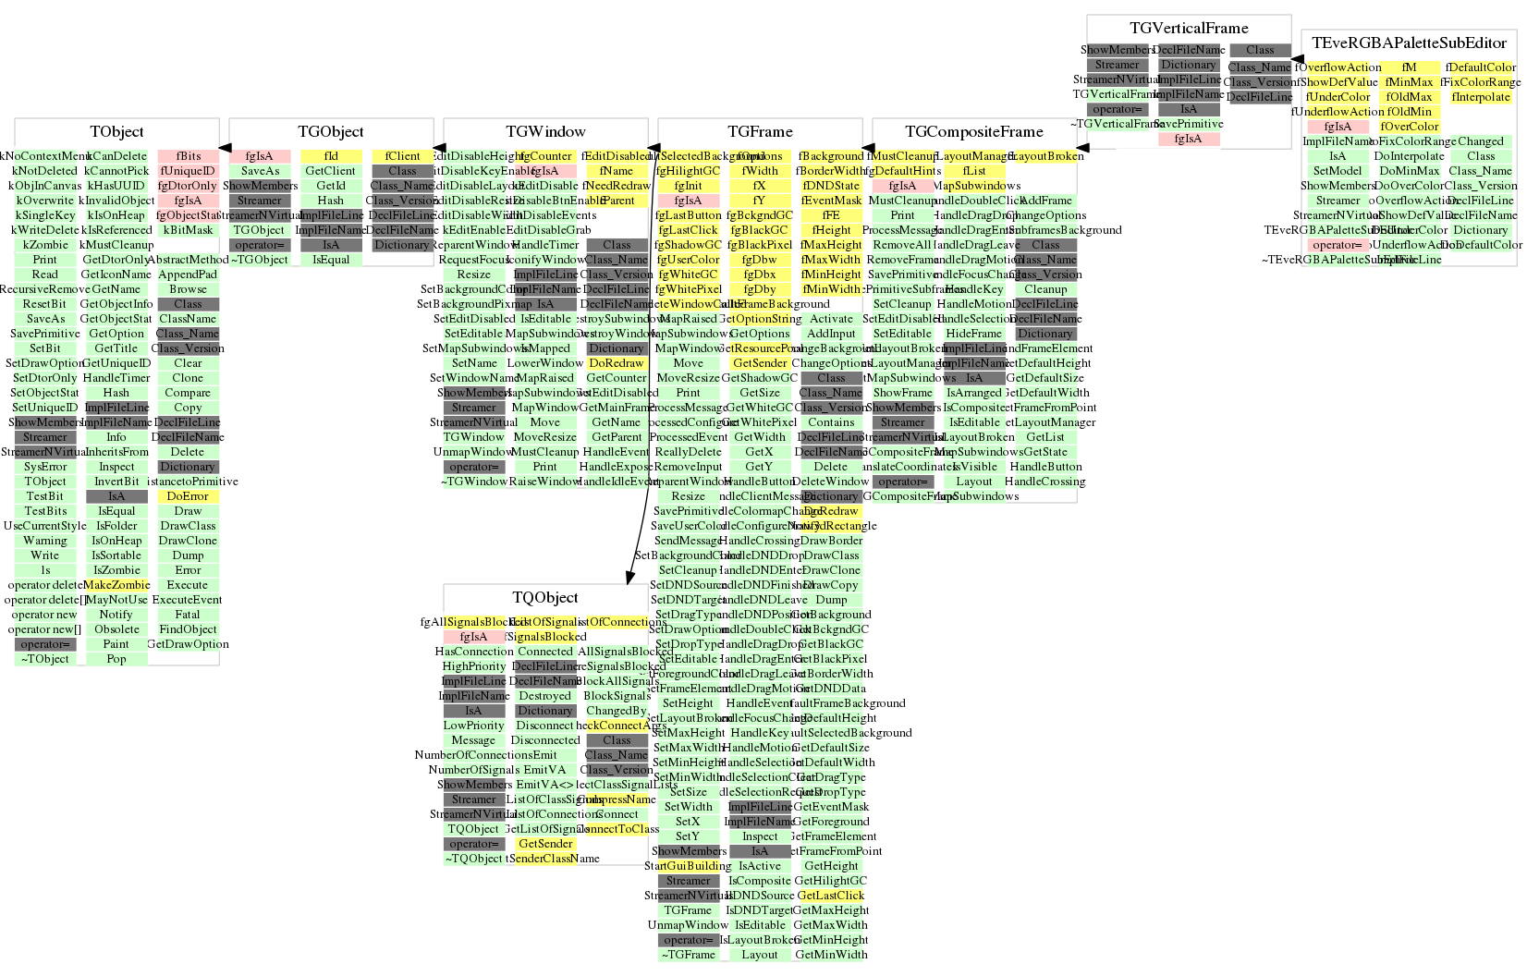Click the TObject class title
click(116, 132)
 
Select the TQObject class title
click(545, 598)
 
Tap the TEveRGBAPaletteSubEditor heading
click(1409, 43)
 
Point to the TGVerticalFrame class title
click(1189, 29)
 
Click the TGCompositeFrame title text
click(974, 132)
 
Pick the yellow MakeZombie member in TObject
click(116, 585)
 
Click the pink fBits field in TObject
click(189, 156)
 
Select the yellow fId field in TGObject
click(331, 156)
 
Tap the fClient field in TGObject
click(403, 156)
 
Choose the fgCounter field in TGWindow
click(545, 156)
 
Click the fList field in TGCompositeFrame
click(974, 171)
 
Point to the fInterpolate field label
click(1481, 97)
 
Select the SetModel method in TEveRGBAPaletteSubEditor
click(1338, 171)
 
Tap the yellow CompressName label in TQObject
click(617, 799)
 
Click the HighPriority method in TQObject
click(474, 666)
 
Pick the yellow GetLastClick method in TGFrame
click(831, 896)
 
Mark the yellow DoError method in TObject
click(188, 496)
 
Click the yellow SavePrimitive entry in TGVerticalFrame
click(1189, 124)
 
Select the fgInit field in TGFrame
click(689, 186)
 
